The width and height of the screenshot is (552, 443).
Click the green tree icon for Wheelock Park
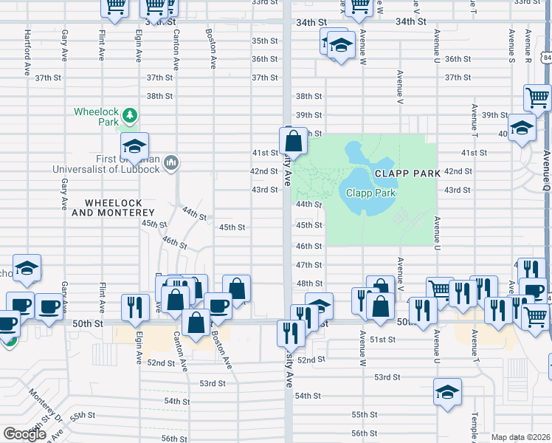[x=130, y=114]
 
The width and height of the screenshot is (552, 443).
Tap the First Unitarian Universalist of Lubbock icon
[x=171, y=162]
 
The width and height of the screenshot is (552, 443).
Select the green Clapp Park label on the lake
[x=371, y=193]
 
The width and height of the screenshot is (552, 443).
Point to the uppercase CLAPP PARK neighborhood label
[x=407, y=173]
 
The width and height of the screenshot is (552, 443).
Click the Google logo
[x=24, y=434]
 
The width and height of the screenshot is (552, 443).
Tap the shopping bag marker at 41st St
[x=293, y=140]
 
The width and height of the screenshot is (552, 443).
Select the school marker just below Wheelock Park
[x=134, y=147]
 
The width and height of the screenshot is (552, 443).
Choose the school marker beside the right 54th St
[x=447, y=393]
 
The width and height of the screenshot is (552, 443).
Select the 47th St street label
[x=308, y=265]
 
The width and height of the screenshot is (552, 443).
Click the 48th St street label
[x=308, y=284]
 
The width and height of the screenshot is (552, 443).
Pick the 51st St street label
[x=383, y=340]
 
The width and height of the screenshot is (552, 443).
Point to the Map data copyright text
[x=520, y=437]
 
